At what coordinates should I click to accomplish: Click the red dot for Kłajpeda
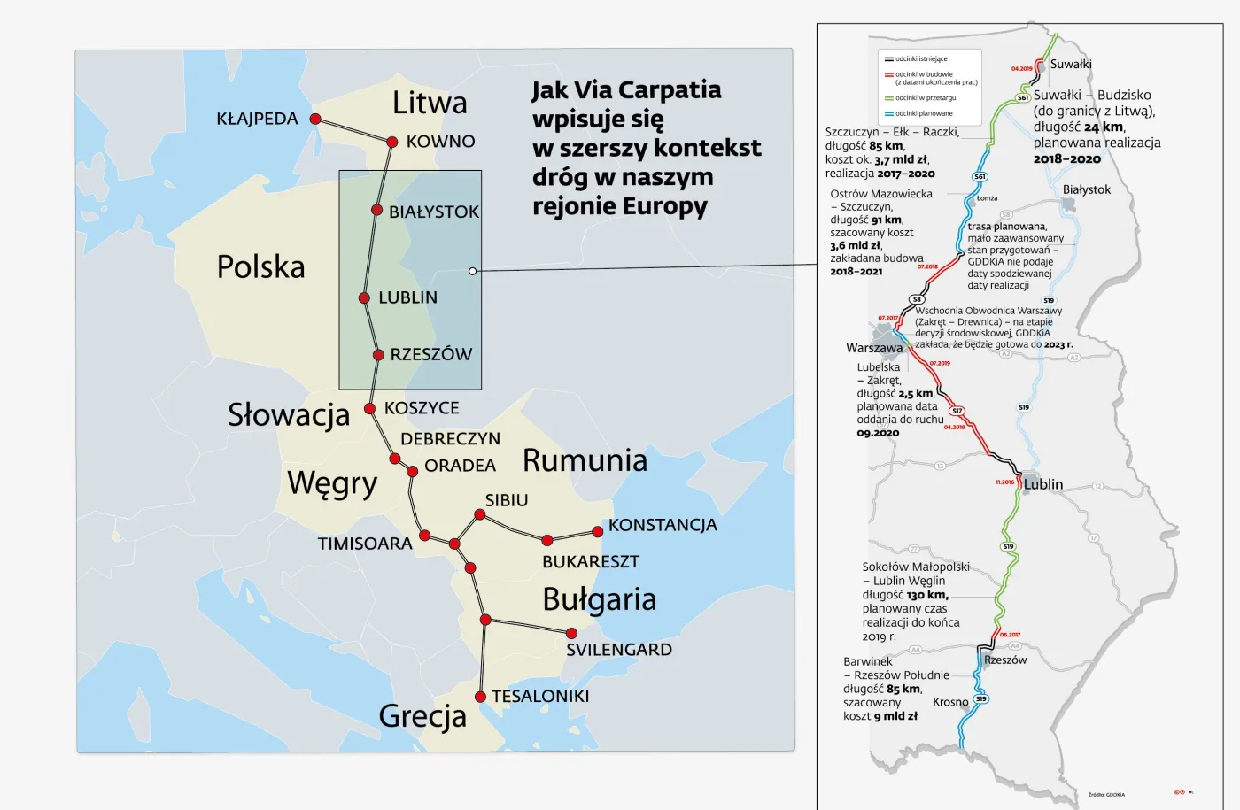315,119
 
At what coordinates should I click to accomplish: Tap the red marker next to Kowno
392,142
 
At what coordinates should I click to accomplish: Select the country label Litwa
430,103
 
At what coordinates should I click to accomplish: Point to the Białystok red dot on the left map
376,211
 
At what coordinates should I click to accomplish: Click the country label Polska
260,266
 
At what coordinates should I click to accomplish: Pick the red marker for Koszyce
370,409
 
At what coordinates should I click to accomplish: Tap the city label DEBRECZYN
450,439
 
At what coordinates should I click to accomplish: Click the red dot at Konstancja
598,532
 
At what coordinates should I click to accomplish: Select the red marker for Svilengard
571,633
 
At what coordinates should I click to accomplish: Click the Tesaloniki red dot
481,697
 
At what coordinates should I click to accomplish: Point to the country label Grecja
422,716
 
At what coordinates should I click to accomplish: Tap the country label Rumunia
585,460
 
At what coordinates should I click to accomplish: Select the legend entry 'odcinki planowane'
924,113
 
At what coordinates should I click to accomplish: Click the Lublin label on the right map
1043,484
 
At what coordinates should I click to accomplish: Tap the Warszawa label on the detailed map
873,348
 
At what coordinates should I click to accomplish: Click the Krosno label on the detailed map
950,702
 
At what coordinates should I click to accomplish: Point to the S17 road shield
957,411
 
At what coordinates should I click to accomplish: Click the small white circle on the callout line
473,271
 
